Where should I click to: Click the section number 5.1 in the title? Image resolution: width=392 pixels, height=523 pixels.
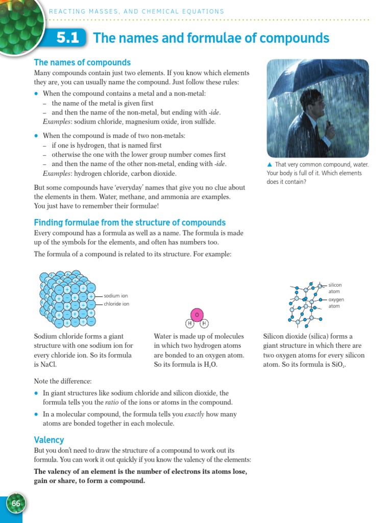(68, 39)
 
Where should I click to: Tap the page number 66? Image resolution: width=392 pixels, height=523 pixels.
(16, 504)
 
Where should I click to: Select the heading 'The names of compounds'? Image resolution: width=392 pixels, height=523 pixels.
(82, 62)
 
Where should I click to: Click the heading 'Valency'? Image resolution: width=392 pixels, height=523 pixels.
(49, 440)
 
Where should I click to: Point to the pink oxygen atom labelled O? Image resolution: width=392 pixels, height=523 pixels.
(197, 315)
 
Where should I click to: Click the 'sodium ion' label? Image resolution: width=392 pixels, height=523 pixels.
(116, 296)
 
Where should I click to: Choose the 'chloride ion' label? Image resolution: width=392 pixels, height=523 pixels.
(117, 304)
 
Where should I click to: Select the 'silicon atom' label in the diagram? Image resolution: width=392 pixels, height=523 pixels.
(335, 288)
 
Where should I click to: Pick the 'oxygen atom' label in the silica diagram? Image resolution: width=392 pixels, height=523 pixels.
(336, 303)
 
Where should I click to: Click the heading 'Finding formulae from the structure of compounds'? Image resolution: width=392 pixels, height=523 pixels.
(130, 223)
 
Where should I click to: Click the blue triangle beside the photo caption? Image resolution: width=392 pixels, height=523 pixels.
(269, 164)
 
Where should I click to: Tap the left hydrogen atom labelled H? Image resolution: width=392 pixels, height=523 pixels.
(189, 324)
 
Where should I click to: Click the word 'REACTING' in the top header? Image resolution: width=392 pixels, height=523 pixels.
(68, 11)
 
